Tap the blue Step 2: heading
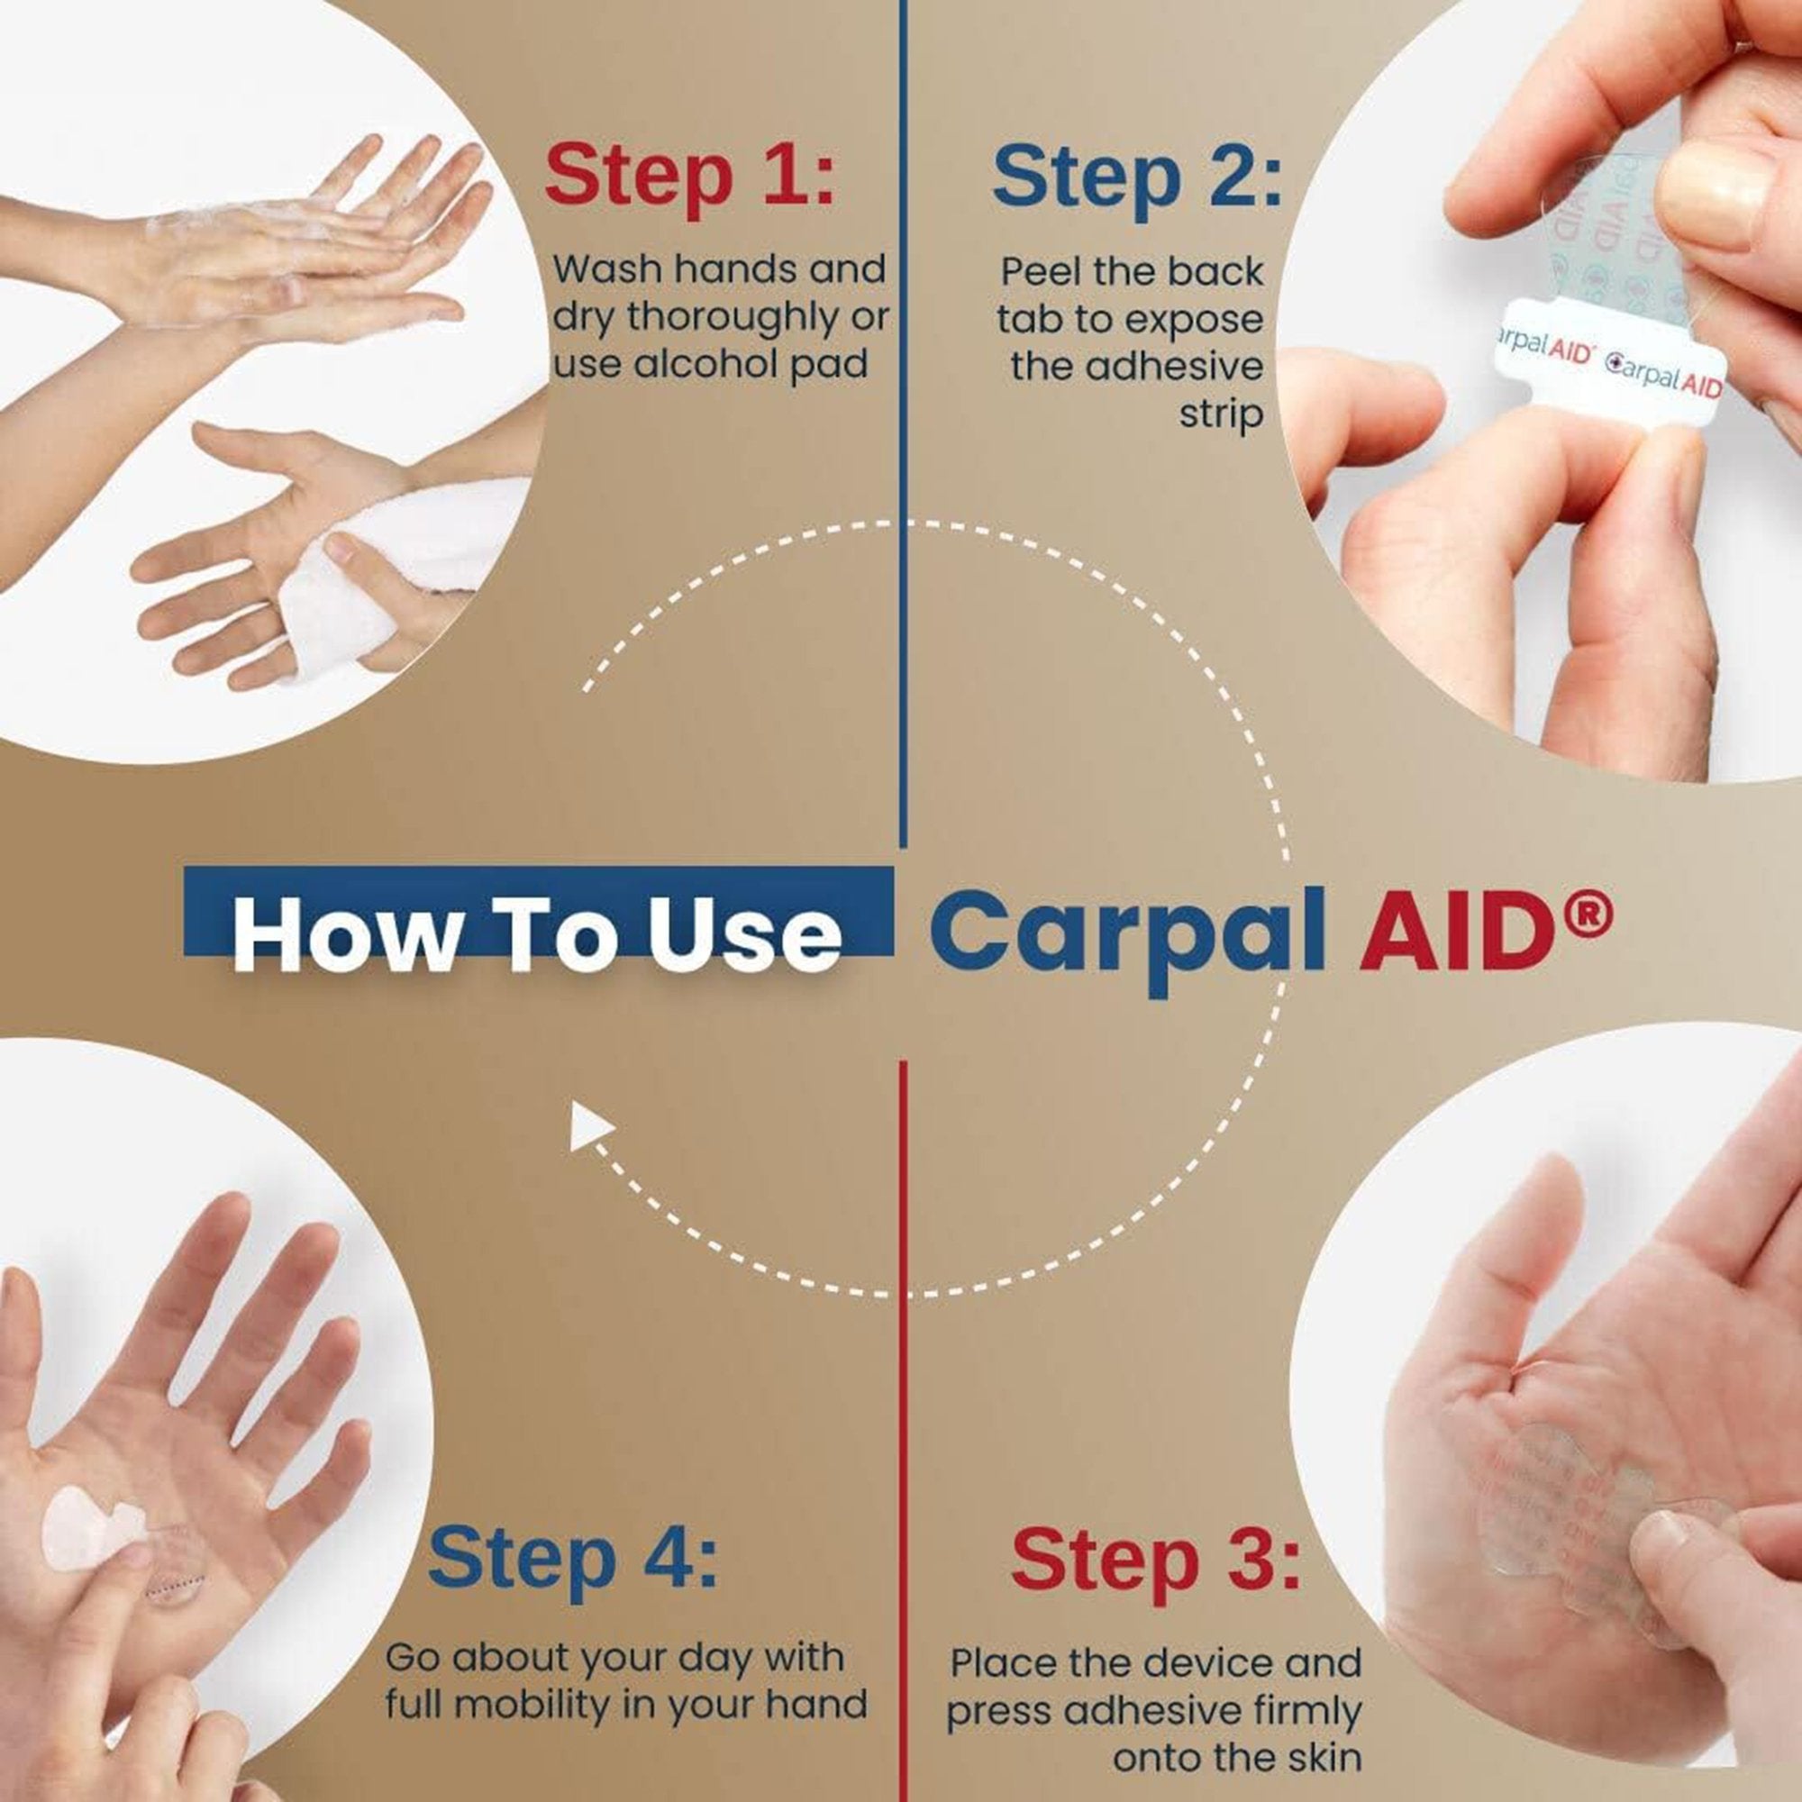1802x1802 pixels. coord(1137,177)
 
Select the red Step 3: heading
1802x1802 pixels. coord(1155,1559)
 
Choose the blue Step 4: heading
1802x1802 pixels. coord(573,1557)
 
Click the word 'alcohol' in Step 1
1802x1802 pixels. coord(707,364)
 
